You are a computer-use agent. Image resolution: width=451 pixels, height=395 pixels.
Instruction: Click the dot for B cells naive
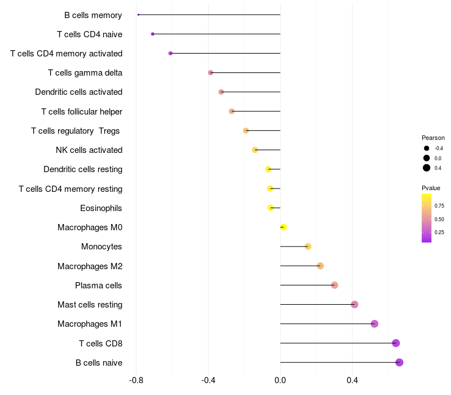(x=399, y=362)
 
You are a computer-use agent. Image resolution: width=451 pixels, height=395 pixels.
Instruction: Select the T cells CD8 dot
(x=396, y=343)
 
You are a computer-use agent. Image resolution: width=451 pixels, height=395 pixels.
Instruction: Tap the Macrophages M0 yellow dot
(x=284, y=227)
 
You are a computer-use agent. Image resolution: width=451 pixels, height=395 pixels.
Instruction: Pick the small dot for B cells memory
(x=138, y=15)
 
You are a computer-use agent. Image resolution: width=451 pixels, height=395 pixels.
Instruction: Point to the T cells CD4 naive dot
(x=153, y=34)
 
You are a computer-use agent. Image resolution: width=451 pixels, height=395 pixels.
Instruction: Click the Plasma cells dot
(x=334, y=285)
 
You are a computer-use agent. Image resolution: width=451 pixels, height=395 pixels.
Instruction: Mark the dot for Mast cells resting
(x=355, y=305)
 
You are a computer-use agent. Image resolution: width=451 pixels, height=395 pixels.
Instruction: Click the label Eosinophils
(x=101, y=208)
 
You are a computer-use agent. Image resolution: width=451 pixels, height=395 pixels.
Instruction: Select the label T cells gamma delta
(x=85, y=73)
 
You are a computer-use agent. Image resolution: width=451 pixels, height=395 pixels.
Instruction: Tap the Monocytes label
(x=101, y=247)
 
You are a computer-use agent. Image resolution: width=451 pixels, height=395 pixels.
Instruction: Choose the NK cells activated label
(x=89, y=150)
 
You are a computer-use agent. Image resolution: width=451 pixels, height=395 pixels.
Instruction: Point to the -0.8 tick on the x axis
(x=136, y=380)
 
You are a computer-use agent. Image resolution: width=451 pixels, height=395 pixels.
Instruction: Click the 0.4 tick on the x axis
(x=352, y=380)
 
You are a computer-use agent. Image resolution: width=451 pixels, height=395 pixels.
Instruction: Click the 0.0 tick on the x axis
(x=280, y=380)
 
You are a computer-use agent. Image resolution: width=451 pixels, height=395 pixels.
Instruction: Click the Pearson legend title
(x=433, y=138)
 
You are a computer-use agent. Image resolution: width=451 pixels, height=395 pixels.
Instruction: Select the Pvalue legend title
(x=431, y=188)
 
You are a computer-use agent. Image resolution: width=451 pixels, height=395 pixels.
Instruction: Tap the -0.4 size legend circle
(x=427, y=148)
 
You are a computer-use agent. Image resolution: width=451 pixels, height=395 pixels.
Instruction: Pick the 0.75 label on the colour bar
(x=439, y=206)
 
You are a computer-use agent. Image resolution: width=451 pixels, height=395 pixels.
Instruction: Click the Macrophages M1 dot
(x=374, y=324)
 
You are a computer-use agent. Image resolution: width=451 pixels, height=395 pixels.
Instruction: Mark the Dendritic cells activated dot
(x=221, y=92)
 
